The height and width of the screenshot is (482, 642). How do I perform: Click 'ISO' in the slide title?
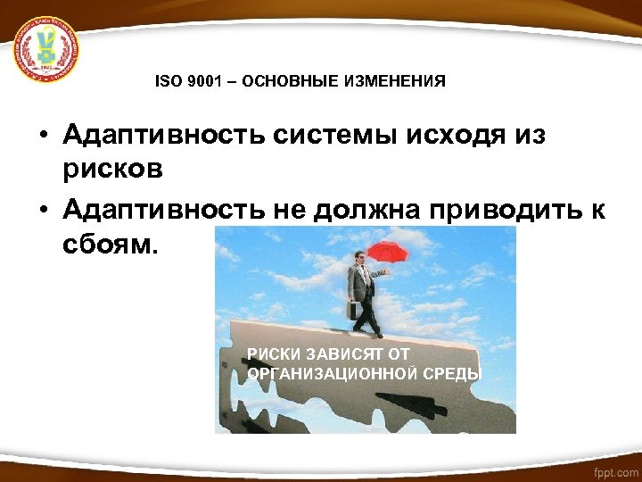click(168, 81)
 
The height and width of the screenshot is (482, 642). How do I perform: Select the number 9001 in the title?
click(202, 81)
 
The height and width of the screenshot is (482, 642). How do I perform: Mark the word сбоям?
click(110, 244)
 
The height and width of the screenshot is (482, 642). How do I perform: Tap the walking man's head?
click(360, 258)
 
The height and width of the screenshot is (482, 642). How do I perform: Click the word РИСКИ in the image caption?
click(272, 354)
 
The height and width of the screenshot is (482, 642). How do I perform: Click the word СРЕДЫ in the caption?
click(456, 372)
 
